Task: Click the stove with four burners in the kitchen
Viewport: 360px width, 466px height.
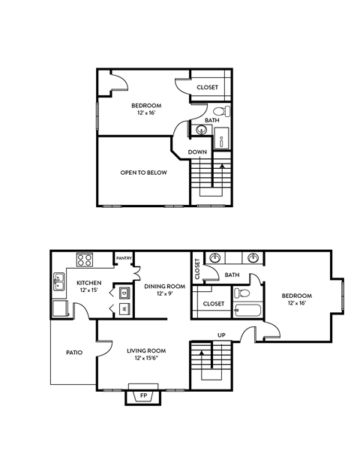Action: click(85, 262)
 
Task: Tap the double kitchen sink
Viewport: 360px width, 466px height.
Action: click(58, 282)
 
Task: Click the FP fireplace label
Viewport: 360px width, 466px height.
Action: click(143, 395)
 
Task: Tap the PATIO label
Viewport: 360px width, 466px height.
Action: click(73, 352)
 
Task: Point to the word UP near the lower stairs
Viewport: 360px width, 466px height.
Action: click(221, 335)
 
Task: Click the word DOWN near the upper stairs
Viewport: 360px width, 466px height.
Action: click(197, 152)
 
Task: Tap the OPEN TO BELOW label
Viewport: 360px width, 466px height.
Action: click(143, 173)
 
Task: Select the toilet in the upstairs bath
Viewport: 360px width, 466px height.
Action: click(227, 112)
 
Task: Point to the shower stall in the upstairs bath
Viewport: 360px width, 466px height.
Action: click(223, 137)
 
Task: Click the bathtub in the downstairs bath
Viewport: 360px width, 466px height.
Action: click(247, 312)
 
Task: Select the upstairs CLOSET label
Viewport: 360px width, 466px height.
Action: click(207, 88)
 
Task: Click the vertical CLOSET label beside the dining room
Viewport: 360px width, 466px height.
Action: click(197, 268)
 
